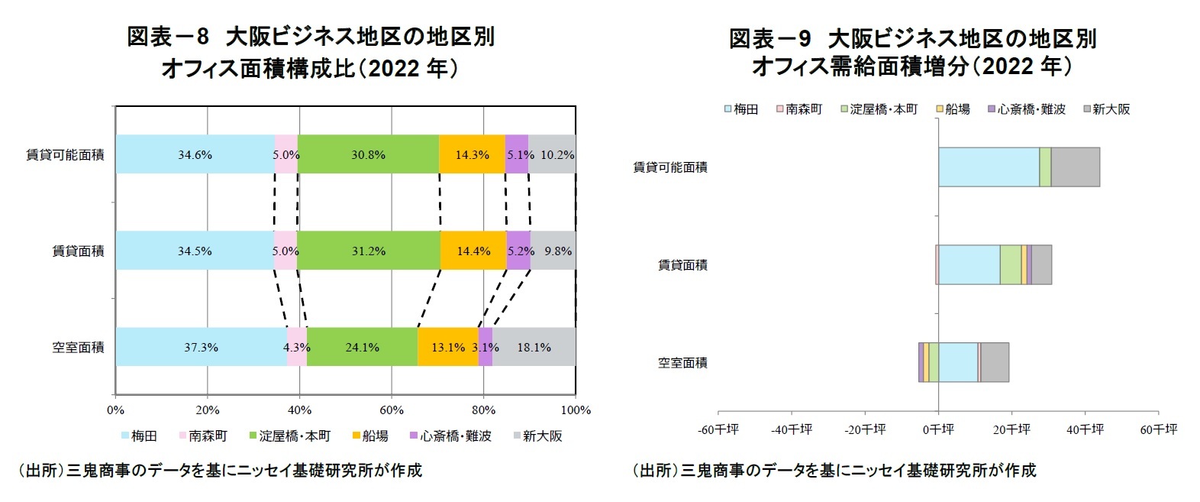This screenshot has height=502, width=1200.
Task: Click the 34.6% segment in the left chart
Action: (x=195, y=154)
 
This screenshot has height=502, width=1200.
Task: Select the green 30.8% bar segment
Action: (x=368, y=154)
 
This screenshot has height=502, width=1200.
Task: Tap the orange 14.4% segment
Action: (x=473, y=251)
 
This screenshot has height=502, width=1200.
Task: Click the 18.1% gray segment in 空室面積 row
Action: (x=534, y=347)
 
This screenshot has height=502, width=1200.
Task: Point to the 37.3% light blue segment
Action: (x=201, y=347)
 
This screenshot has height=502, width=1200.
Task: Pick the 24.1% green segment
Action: (x=362, y=347)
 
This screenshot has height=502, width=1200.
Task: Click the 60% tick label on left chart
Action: (x=392, y=410)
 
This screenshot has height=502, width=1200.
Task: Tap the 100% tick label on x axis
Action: (x=576, y=410)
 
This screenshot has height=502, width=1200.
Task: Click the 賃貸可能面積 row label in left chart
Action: (x=65, y=155)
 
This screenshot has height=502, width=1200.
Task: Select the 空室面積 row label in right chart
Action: (x=682, y=363)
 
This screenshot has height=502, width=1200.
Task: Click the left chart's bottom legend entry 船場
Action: (x=369, y=436)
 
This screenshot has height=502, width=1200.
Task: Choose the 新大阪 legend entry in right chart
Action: (x=1106, y=109)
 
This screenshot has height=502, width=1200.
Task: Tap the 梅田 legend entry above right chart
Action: (x=740, y=109)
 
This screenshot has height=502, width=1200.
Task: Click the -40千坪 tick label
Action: (x=792, y=429)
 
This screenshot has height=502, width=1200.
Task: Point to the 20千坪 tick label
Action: (x=1011, y=429)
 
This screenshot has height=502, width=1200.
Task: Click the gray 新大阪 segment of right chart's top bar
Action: (x=1075, y=167)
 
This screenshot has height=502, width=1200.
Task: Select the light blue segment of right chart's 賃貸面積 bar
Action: (x=969, y=265)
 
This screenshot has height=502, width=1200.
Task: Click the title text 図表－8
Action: (x=167, y=37)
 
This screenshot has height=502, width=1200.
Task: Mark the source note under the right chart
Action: (x=834, y=470)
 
